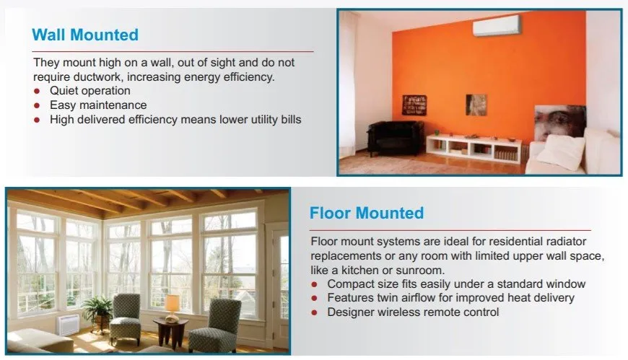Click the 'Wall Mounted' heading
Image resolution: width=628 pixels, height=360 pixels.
tap(85, 35)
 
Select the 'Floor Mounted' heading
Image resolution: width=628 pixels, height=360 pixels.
tap(367, 213)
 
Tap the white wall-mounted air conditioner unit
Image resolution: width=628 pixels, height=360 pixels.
tap(496, 25)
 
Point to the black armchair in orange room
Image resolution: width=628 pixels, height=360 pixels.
tap(394, 137)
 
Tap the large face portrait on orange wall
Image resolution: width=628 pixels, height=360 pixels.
tap(560, 123)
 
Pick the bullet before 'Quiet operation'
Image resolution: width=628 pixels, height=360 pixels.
tap(37, 91)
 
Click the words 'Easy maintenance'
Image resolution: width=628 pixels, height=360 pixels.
tap(98, 105)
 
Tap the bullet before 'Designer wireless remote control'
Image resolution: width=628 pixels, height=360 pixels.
tap(315, 312)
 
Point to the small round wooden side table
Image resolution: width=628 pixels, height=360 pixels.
tap(170, 333)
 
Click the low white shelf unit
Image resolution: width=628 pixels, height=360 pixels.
tap(474, 149)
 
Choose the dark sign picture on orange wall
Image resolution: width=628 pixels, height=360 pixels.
tap(414, 105)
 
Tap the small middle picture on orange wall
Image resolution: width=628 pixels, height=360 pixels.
tap(476, 105)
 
